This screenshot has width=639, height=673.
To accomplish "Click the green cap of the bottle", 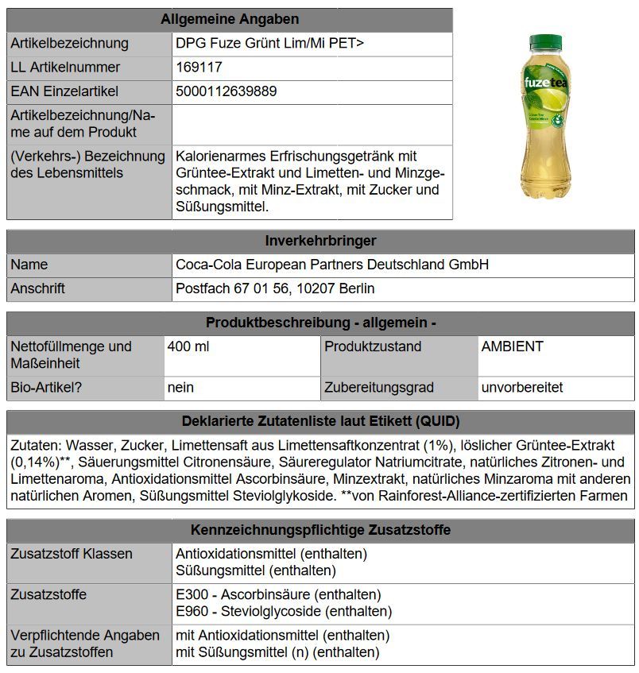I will tap(545, 41).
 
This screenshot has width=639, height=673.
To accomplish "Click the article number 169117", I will tap(199, 68).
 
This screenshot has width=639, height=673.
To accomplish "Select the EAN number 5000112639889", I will tap(227, 91).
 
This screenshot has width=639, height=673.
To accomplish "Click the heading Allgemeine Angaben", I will tap(230, 19).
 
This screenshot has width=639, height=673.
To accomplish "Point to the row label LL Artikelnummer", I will tap(65, 68).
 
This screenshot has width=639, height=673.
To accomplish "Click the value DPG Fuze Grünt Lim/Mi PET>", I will tap(270, 44).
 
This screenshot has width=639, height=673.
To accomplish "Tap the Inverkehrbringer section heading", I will tap(320, 240).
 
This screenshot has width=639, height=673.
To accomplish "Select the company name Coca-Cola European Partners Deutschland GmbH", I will tap(332, 265).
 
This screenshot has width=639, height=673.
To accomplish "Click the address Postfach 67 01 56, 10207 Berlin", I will tap(275, 288).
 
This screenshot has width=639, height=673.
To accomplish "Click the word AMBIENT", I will tap(513, 346).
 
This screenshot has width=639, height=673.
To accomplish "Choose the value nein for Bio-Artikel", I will tap(180, 388).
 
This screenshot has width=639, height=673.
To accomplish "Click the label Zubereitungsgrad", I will tap(379, 388).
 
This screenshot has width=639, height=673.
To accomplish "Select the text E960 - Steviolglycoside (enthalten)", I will tap(284, 611).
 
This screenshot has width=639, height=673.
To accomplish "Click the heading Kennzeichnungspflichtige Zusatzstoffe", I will tap(320, 529).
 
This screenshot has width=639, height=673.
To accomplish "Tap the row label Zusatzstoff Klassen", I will tap(72, 553).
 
